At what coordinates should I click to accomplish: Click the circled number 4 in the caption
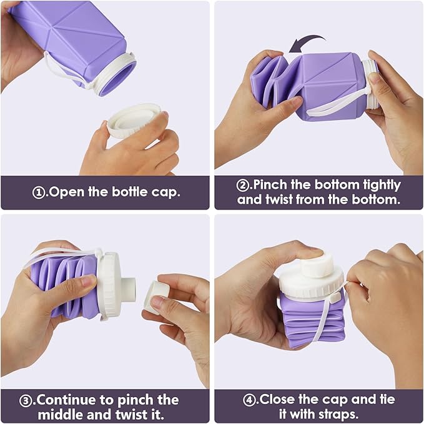(x=252, y=400)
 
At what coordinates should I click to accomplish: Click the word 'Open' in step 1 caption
(x=64, y=192)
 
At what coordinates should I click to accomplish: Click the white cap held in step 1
(x=134, y=121)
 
